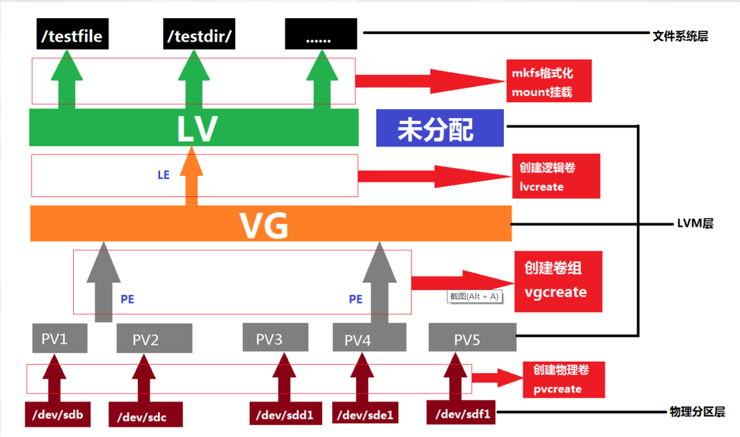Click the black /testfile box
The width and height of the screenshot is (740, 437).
click(x=72, y=35)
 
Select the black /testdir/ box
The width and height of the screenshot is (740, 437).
click(x=199, y=35)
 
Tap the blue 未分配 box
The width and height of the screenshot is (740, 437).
click(x=439, y=128)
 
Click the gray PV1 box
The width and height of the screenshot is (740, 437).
click(x=60, y=338)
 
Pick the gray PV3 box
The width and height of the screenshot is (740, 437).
click(x=275, y=338)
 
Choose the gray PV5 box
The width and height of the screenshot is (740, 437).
click(x=472, y=339)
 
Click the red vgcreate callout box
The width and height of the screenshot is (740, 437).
click(x=555, y=282)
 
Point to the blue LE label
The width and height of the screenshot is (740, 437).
click(x=164, y=175)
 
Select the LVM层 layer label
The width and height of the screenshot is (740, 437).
click(x=694, y=223)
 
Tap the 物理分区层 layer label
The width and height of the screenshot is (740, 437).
click(x=695, y=413)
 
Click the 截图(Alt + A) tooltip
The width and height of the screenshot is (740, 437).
click(x=474, y=296)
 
